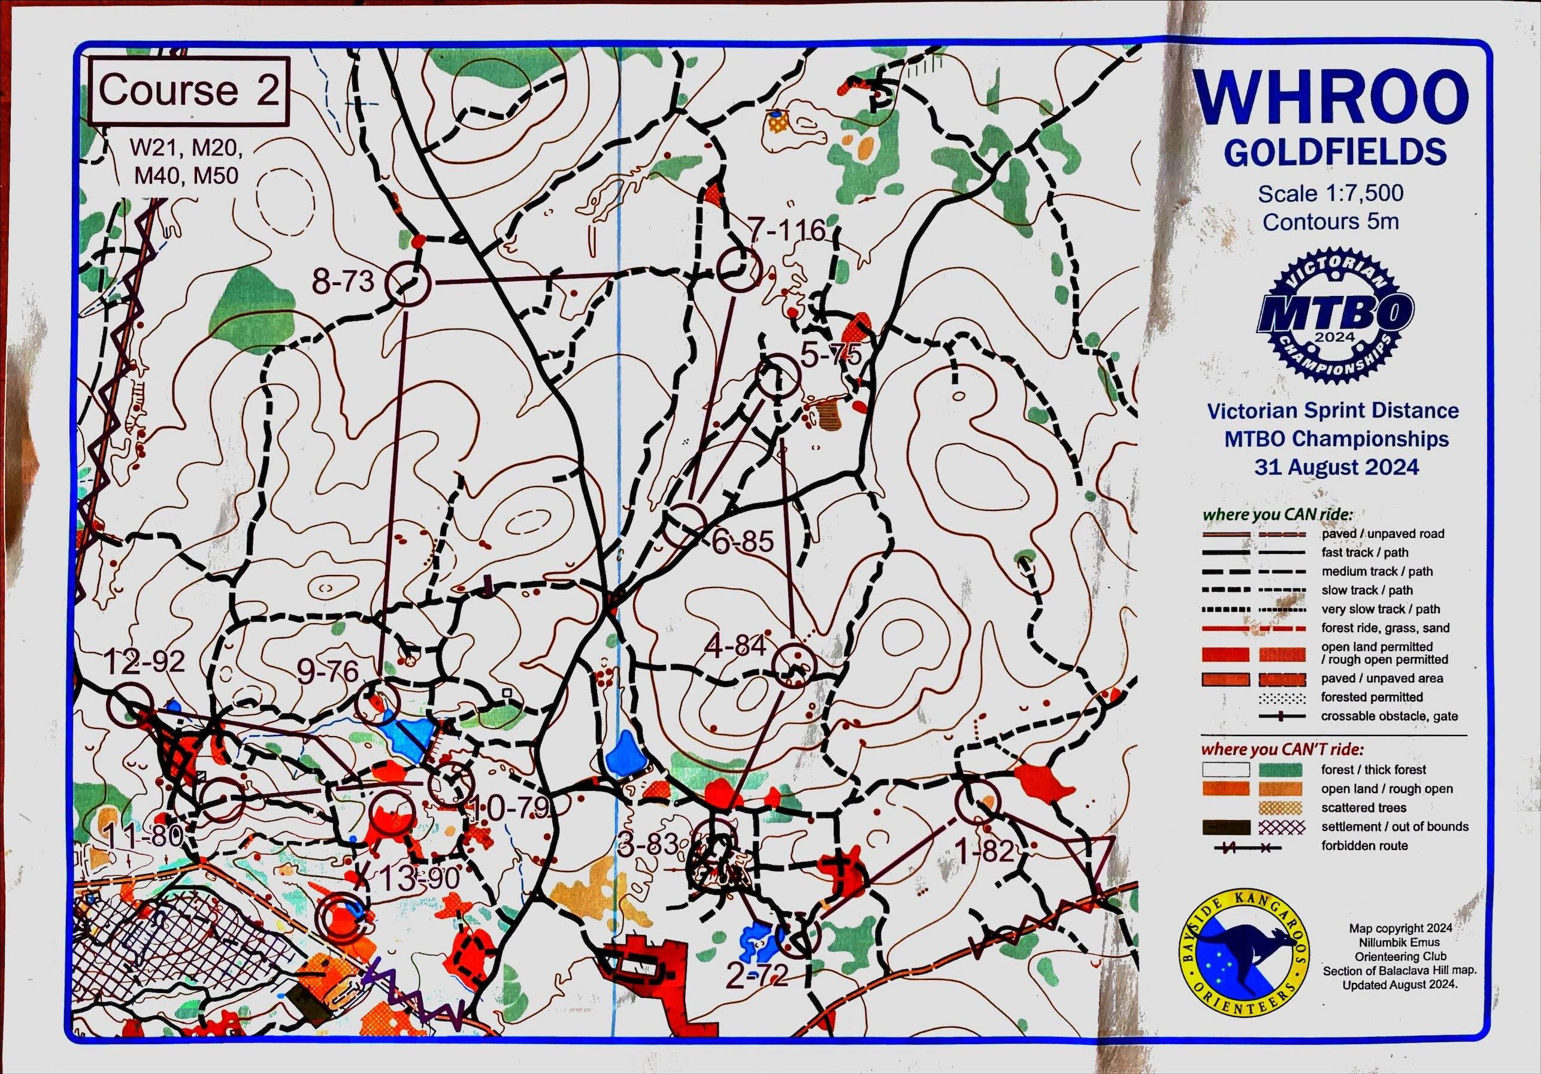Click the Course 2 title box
[189, 91]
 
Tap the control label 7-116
[786, 231]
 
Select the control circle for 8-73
[407, 283]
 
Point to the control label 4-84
[735, 646]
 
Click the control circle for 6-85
[685, 524]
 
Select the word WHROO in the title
[1331, 99]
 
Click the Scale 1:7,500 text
[1330, 194]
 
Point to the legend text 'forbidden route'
[1364, 846]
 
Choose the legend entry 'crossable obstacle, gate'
[1389, 716]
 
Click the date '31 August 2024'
[1336, 467]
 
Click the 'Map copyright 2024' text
[1400, 928]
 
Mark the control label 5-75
[831, 355]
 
